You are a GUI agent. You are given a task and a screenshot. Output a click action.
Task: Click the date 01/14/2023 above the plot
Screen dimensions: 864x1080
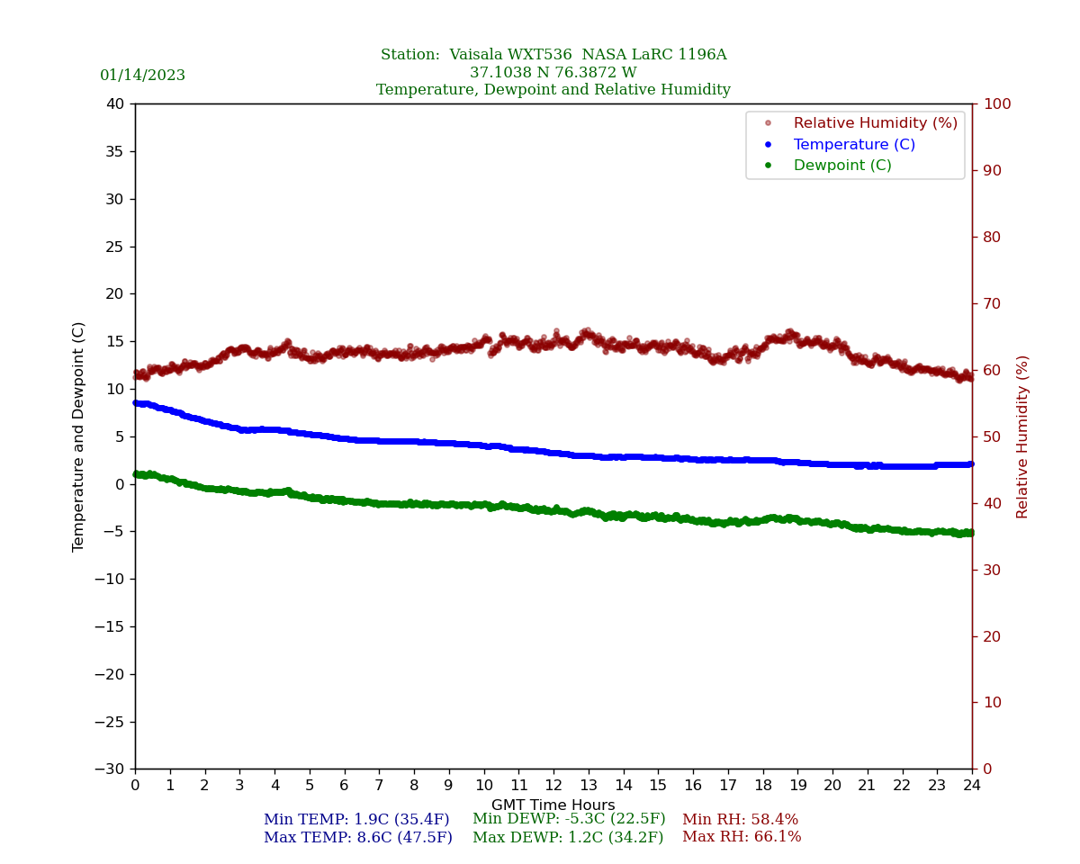142,76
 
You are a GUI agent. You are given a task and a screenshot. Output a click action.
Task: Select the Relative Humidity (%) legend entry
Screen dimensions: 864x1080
875,123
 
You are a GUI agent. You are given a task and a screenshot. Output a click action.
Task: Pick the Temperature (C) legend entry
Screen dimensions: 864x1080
854,145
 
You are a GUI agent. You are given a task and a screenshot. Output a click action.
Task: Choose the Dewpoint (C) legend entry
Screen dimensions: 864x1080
842,166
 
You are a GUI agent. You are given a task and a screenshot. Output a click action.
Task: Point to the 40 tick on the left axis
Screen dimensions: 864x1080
115,103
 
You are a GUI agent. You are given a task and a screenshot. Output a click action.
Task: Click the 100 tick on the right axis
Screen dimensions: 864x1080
996,103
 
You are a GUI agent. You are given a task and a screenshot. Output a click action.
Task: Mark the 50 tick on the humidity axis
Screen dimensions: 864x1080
992,436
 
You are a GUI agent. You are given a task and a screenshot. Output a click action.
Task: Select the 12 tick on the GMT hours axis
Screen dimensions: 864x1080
553,786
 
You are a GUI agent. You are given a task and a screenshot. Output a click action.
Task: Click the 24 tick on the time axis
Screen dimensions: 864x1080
972,786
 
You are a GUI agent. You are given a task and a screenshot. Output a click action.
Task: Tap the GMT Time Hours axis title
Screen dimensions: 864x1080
553,805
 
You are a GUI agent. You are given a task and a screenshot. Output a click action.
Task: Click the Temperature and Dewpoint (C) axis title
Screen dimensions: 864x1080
79,436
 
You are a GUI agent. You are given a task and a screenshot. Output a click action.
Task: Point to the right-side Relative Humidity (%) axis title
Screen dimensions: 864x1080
1022,436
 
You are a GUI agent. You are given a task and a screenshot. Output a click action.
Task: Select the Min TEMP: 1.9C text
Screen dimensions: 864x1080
356,820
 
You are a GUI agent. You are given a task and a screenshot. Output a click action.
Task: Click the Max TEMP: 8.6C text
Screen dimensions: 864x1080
358,838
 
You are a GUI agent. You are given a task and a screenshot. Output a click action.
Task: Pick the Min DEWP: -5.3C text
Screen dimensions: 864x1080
569,819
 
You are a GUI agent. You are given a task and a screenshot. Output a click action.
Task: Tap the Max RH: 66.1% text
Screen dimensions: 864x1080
742,837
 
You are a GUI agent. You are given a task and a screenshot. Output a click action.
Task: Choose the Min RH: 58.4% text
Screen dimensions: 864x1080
740,820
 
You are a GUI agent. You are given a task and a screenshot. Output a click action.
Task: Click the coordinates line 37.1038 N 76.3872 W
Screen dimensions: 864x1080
553,73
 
